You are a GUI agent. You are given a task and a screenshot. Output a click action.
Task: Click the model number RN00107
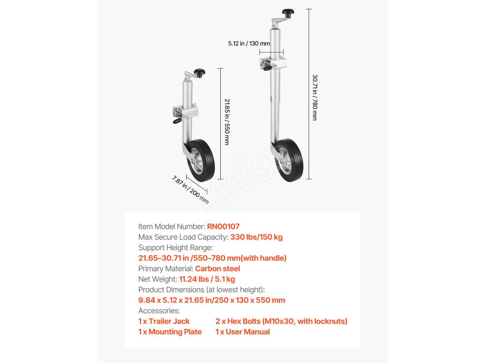click(223, 226)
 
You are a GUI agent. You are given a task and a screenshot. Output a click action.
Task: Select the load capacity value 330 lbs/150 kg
click(256, 237)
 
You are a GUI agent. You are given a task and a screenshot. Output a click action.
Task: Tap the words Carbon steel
click(217, 268)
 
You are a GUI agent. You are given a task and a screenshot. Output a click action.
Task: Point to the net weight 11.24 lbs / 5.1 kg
click(207, 279)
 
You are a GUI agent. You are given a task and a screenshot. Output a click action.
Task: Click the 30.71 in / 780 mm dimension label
click(315, 97)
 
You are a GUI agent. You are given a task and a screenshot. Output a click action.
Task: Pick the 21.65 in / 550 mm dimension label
click(226, 121)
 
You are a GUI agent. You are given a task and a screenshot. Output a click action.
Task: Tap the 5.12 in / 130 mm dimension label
click(249, 43)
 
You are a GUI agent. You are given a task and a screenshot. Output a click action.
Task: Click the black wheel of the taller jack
click(290, 161)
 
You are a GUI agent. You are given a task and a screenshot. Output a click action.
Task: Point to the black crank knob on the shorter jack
click(200, 72)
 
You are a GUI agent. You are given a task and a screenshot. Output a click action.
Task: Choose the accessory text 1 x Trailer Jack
click(164, 321)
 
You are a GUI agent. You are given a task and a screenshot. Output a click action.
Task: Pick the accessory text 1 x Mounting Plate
click(170, 332)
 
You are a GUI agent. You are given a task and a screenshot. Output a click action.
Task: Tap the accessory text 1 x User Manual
click(242, 332)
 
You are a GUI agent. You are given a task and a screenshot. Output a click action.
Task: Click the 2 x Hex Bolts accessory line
click(281, 321)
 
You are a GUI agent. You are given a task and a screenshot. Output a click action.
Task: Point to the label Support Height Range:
click(175, 248)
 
